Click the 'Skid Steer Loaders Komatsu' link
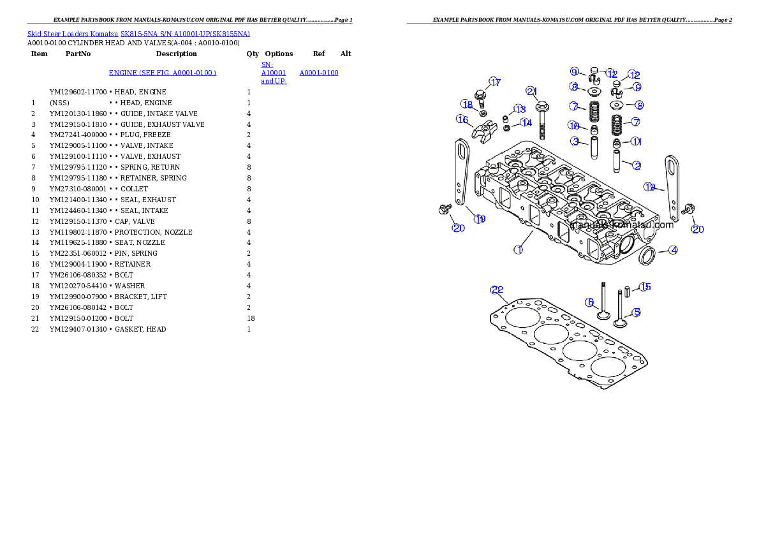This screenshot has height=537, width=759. (x=73, y=34)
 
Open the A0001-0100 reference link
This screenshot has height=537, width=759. (x=319, y=73)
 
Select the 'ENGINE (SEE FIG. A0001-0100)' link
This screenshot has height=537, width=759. (x=163, y=73)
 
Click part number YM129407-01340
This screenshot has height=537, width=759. (x=78, y=329)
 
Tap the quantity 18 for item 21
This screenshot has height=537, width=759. (x=251, y=318)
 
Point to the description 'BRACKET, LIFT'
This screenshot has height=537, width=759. (x=141, y=297)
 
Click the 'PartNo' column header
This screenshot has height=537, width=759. (x=78, y=54)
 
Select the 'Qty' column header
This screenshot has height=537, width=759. (x=252, y=54)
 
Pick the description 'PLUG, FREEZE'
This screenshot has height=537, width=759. (x=145, y=135)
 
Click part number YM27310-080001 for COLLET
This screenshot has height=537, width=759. (x=78, y=189)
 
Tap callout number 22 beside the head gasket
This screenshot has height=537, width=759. (x=497, y=290)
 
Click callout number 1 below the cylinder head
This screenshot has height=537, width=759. (x=519, y=250)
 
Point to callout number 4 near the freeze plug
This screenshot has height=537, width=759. (x=674, y=251)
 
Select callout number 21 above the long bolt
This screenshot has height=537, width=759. (x=531, y=91)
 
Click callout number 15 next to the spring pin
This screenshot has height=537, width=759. (x=645, y=287)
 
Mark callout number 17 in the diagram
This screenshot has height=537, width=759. (x=495, y=82)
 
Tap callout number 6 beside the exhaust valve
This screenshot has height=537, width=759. (x=589, y=303)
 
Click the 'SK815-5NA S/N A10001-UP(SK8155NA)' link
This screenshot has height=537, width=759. (x=186, y=34)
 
